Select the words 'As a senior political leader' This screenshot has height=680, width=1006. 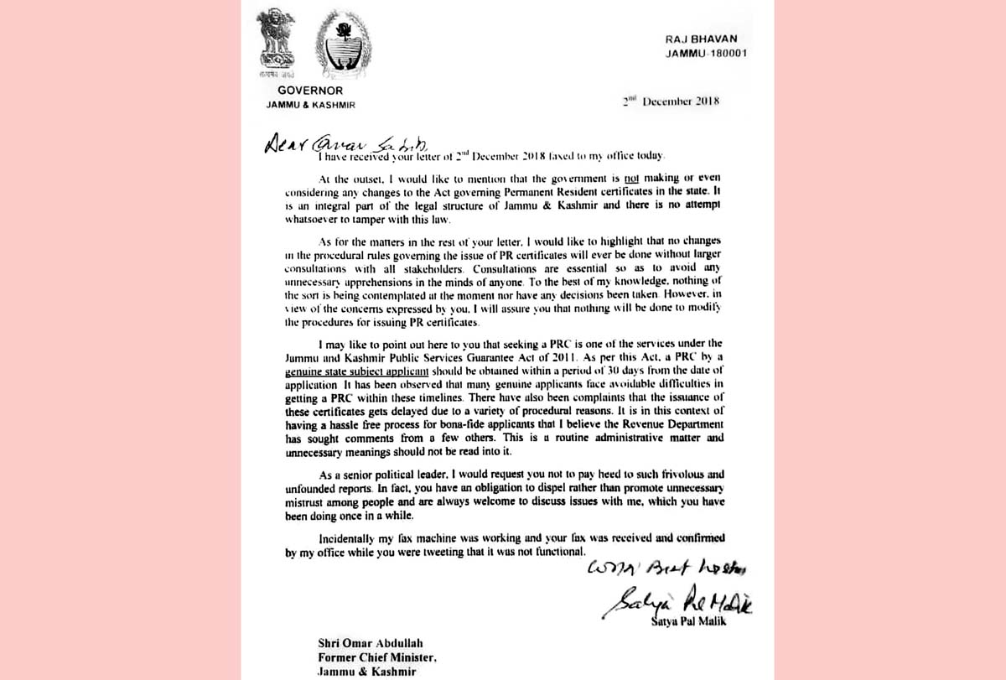386,474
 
